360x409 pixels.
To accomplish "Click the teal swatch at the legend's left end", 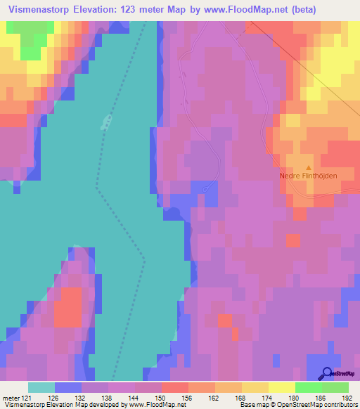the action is pyautogui.click(x=41, y=387).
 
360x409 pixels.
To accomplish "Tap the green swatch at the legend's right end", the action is pyautogui.click(x=335, y=387).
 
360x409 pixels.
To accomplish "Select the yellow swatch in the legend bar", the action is pyautogui.click(x=281, y=387).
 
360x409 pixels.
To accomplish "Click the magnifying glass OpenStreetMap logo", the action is pyautogui.click(x=326, y=375).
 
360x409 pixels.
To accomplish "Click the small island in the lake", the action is pyautogui.click(x=107, y=122).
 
